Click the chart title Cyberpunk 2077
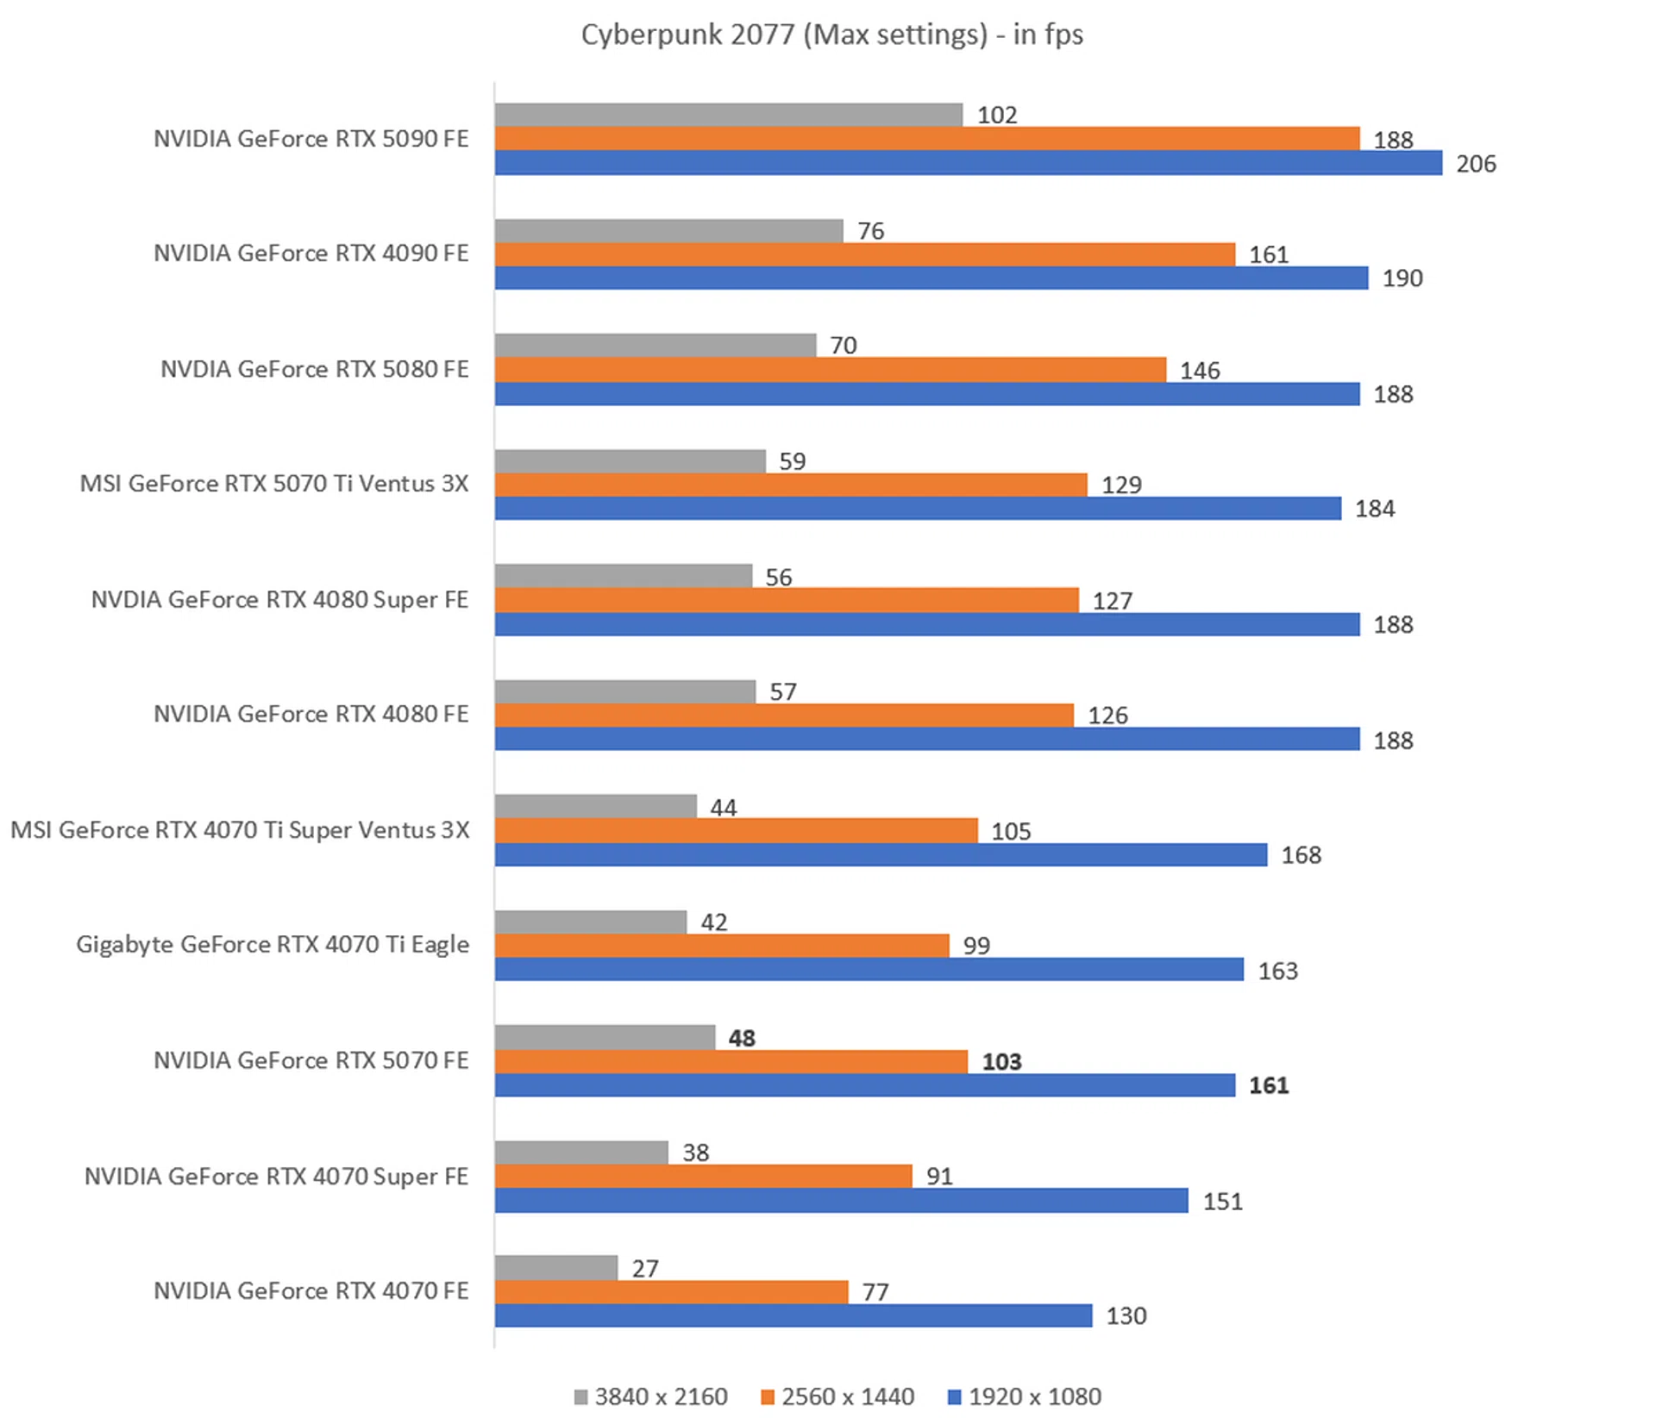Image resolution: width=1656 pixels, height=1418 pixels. click(831, 34)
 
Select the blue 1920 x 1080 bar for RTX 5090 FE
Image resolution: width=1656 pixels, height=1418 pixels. click(968, 163)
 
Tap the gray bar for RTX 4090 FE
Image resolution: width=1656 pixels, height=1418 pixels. click(668, 230)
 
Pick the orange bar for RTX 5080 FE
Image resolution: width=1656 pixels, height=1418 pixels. click(830, 370)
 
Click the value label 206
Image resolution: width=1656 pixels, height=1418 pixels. click(1476, 164)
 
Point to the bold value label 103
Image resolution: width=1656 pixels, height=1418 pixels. click(1001, 1061)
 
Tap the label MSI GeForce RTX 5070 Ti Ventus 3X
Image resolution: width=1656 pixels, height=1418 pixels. click(274, 484)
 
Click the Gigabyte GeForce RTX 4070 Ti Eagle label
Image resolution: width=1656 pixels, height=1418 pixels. click(273, 945)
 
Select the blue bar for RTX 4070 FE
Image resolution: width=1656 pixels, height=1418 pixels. click(793, 1315)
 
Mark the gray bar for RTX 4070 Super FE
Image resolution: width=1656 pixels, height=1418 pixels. click(581, 1153)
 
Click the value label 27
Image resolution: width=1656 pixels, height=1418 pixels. click(645, 1268)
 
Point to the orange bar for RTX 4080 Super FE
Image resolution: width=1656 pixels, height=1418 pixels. click(787, 600)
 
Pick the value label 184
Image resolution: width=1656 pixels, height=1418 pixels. click(1375, 509)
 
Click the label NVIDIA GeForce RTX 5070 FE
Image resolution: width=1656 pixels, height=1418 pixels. click(311, 1060)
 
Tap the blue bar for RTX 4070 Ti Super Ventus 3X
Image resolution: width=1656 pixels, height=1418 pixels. click(881, 855)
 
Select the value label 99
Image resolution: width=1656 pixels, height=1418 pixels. click(976, 946)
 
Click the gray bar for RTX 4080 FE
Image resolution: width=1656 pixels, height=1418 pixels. click(625, 691)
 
